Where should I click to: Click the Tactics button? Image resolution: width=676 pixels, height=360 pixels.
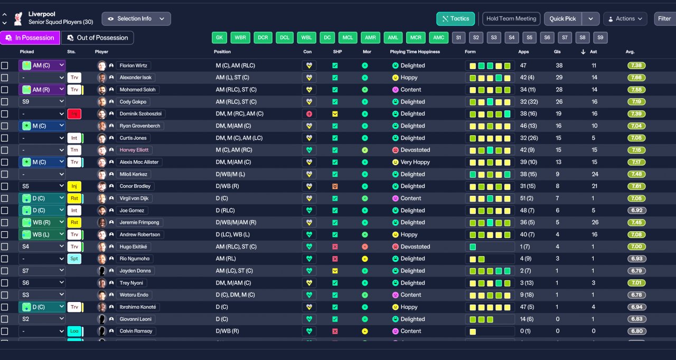coord(456,18)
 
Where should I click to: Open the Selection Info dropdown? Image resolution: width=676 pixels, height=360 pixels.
coord(136,18)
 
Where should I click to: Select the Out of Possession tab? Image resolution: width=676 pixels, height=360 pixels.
coord(98,37)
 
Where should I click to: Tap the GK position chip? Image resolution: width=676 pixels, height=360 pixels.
coord(219,37)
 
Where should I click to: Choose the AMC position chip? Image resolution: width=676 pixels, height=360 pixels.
coord(438,37)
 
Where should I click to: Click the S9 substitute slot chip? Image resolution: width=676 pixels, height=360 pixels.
coord(600,37)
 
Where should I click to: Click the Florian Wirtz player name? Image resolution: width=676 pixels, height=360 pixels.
coord(134,65)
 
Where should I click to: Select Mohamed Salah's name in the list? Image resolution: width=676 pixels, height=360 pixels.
coord(137,90)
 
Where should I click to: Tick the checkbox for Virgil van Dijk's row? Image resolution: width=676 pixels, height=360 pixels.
coord(5,198)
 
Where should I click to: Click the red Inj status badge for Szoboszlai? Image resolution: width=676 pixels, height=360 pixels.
coord(74,114)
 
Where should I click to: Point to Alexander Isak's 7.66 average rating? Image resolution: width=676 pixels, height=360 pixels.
coord(637,78)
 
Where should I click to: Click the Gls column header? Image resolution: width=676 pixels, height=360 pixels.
coord(557,52)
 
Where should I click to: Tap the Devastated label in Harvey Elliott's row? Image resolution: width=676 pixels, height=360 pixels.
coord(415,150)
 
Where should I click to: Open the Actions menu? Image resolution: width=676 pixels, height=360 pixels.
coord(625,18)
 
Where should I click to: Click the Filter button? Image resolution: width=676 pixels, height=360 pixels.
coord(664,18)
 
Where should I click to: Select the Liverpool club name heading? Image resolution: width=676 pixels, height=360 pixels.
coord(42,14)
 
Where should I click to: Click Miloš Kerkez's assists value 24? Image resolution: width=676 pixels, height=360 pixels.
coord(595,174)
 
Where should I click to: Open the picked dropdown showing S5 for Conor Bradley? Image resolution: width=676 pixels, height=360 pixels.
coord(42,186)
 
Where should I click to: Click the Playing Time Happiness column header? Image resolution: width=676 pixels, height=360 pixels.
coord(415,52)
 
